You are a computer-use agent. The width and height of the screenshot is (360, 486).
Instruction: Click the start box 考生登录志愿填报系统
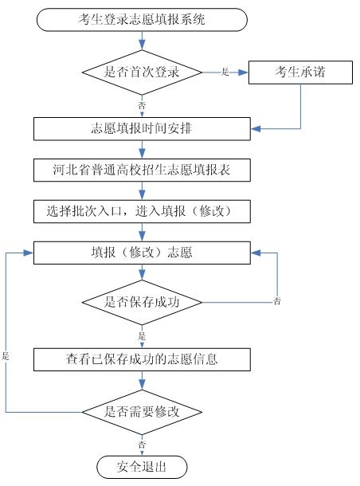(x=142, y=20)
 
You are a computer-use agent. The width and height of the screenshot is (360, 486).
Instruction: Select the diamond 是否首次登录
(x=142, y=73)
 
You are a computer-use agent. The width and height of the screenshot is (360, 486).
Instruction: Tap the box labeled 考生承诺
(x=300, y=73)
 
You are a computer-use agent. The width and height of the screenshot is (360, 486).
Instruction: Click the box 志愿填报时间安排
(x=142, y=128)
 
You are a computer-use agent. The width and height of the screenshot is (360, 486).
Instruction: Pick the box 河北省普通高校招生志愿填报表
(x=142, y=170)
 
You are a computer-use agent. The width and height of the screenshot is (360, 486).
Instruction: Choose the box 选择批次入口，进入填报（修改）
(x=142, y=211)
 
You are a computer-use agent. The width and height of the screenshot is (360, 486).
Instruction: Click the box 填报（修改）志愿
(x=142, y=253)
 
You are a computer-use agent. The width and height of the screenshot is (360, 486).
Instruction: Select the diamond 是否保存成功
(x=142, y=302)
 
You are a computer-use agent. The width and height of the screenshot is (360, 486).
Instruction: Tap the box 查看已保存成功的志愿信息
(x=142, y=359)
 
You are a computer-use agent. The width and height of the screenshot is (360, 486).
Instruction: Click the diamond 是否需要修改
(x=142, y=412)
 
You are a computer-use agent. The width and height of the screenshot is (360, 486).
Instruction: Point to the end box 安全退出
(x=142, y=467)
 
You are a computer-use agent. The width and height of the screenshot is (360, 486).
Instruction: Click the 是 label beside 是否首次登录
(x=225, y=72)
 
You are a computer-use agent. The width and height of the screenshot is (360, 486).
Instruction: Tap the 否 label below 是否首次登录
(x=142, y=106)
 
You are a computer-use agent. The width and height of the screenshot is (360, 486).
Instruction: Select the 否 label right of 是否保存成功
(x=277, y=300)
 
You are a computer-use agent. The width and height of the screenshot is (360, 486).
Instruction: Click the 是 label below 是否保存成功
(x=142, y=336)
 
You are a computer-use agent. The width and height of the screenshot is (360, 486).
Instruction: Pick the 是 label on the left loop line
(x=6, y=356)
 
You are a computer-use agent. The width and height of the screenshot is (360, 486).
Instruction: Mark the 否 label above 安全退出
(x=142, y=445)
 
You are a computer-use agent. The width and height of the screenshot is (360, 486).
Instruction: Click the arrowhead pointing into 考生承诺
(x=244, y=73)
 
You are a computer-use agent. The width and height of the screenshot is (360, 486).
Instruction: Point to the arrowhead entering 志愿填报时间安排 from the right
(x=256, y=128)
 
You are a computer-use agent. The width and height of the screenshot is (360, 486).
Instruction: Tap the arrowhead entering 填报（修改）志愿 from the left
(x=29, y=253)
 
